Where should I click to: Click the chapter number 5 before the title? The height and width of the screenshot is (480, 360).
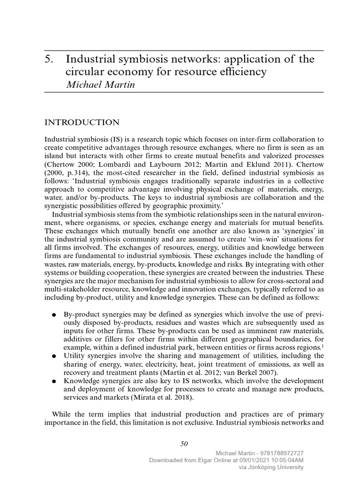tap(48, 60)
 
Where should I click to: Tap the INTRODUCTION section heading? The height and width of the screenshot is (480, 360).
tap(82, 122)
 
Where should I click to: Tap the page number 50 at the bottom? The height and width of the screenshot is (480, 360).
tap(184, 443)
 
